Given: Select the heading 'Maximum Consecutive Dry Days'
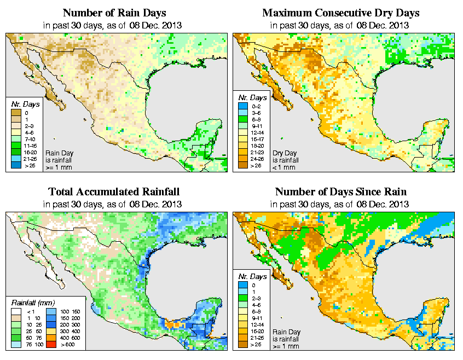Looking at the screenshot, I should pos(340,13).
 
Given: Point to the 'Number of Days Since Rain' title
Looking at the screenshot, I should pos(340,192).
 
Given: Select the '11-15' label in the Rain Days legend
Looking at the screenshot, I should pos(28,145).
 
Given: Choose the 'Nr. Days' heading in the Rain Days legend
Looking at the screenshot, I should pos(22,104).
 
